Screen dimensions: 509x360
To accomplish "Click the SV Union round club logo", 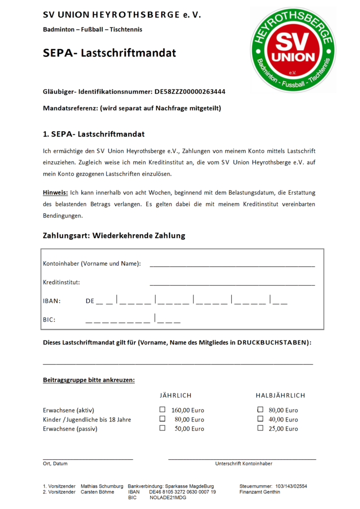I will click(292, 50).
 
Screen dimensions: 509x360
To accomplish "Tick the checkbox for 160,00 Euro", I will click(162, 410).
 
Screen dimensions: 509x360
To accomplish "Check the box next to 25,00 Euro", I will click(260, 428).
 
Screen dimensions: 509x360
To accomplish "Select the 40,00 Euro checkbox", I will click(260, 419).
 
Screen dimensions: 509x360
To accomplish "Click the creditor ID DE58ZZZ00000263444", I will click(189, 92).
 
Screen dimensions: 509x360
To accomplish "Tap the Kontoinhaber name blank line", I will click(232, 264).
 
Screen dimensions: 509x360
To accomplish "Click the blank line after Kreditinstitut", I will click(232, 283).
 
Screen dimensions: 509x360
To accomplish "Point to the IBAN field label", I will click(51, 301).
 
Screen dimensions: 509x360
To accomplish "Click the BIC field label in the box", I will click(49, 320).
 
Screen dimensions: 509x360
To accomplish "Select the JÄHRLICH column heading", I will click(176, 395).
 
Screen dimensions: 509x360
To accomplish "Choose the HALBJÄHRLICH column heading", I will click(280, 395).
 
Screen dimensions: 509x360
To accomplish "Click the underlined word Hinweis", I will click(55, 192).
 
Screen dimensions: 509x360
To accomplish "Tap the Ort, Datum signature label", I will click(55, 463).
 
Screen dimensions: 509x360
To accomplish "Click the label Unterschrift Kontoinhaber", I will click(244, 463).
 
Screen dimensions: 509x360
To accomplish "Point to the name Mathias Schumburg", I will click(102, 486).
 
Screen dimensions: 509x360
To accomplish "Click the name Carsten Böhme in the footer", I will click(98, 492).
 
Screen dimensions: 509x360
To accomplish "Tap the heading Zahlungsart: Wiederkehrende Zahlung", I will click(114, 236).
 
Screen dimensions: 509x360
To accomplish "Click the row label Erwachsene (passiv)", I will click(70, 428).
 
